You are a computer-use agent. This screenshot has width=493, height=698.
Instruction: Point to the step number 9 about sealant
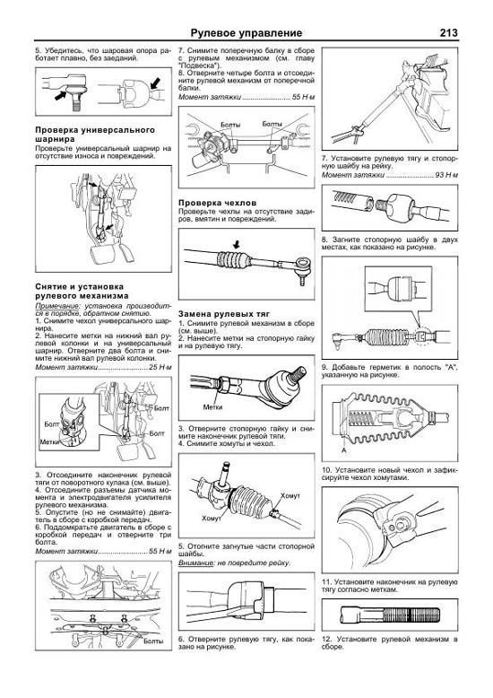pyautogui.click(x=324, y=370)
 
